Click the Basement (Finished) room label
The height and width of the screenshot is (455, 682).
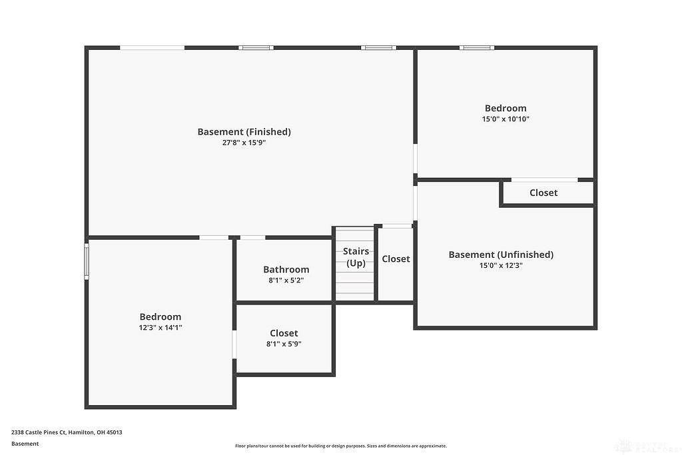pos(244,132)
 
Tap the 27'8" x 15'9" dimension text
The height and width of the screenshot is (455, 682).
pos(244,143)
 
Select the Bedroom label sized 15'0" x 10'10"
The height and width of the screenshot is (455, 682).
pos(506,109)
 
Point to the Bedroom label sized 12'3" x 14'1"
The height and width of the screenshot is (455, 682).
pos(161,316)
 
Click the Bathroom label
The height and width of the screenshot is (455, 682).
pos(286,270)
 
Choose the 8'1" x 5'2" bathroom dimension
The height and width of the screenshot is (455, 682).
pos(286,280)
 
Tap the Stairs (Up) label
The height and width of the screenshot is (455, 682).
pos(356,257)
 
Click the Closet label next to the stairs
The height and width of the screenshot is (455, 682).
pos(396,259)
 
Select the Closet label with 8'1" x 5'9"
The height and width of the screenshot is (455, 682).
pos(284,333)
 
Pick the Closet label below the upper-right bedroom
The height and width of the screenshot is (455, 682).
pos(543,193)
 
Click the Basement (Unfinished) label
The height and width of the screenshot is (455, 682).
pos(501,254)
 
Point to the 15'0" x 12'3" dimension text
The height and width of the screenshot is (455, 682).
pos(501,265)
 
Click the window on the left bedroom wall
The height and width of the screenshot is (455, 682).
pos(87,261)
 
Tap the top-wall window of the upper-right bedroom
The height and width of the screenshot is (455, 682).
pos(477,48)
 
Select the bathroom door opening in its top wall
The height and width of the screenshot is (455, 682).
pos(252,238)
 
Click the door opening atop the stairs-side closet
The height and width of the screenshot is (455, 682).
pos(397,226)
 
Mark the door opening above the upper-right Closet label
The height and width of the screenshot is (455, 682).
pos(545,180)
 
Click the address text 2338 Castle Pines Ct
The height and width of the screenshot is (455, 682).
pos(39,432)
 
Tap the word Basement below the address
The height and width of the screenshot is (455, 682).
pos(25,444)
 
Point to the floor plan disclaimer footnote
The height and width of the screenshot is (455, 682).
pos(341,446)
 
